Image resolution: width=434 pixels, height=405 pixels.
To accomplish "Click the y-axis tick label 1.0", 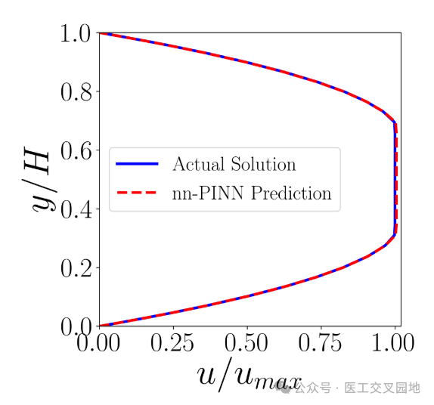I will coord(75,33).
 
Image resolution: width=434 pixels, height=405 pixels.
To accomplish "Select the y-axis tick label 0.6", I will coord(75,150).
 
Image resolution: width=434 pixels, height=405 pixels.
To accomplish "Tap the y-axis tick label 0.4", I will coord(75,209).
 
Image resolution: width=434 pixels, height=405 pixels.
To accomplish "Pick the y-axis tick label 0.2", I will coord(75,268).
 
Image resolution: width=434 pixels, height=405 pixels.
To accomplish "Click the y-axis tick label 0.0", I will coord(75,326).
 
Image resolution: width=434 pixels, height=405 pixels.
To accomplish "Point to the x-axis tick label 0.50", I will coord(247,345).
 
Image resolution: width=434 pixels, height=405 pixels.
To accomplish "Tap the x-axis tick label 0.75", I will coord(321,345).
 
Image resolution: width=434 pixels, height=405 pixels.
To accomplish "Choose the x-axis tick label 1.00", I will coord(393,345).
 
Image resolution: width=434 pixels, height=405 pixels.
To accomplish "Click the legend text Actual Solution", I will coord(234,164).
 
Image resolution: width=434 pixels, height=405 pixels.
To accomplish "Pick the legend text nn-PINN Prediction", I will coord(252,193).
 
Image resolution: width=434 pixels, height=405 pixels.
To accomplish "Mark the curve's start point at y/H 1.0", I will coord(100,33).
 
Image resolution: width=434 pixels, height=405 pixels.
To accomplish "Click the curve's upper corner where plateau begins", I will coord(395,122).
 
